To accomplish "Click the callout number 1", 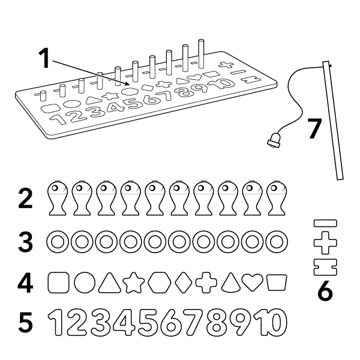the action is click(44, 58).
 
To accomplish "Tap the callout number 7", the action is click(315, 128).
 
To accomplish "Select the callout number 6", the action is click(325, 290).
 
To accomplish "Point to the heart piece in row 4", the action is click(253, 282).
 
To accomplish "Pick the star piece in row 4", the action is click(134, 283).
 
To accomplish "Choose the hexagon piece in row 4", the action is click(160, 283).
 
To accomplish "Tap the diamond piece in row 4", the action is click(184, 283).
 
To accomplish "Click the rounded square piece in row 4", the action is click(58, 283).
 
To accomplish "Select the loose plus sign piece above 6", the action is click(325, 243).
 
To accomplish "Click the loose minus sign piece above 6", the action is click(325, 223).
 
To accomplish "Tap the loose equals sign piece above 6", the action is click(325, 267).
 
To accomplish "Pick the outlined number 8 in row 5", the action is click(216, 322).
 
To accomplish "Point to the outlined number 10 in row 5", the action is click(271, 322).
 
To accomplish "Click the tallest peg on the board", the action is click(201, 54).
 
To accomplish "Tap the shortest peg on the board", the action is click(43, 96).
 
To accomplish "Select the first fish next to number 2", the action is click(58, 198).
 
